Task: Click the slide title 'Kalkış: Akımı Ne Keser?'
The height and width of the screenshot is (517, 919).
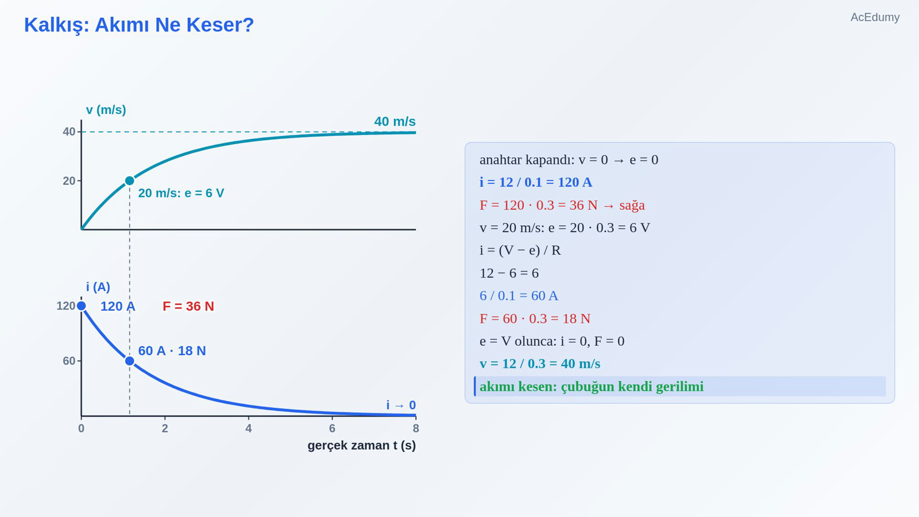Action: click(139, 25)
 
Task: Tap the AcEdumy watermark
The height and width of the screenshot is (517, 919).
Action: click(875, 17)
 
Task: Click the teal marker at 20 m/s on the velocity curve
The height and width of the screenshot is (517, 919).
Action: click(130, 180)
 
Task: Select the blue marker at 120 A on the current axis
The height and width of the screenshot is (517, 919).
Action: click(81, 306)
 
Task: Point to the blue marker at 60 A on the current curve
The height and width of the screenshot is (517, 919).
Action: click(130, 361)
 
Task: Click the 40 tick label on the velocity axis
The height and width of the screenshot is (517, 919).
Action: click(69, 132)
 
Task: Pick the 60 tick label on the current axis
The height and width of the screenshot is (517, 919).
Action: click(69, 361)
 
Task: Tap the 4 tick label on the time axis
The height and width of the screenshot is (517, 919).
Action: click(249, 429)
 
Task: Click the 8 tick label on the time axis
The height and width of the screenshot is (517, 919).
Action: click(416, 429)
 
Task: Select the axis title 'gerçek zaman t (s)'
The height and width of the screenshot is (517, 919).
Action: click(361, 446)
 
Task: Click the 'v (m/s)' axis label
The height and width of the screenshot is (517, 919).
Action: click(106, 110)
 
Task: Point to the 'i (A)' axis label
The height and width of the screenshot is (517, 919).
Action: click(98, 287)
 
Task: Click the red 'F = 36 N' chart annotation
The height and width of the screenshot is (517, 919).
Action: click(188, 306)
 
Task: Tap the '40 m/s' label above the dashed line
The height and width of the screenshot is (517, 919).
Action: click(395, 121)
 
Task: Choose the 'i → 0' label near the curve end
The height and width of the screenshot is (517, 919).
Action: click(401, 405)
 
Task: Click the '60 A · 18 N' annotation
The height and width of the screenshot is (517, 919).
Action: click(172, 351)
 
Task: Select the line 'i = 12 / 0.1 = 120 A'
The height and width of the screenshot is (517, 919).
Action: click(536, 182)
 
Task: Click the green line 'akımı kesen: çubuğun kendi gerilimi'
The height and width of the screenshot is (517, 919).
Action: click(592, 387)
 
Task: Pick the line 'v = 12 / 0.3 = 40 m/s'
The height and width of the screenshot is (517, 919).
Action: click(540, 364)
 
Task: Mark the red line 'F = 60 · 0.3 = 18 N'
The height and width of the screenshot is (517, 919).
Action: click(535, 318)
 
